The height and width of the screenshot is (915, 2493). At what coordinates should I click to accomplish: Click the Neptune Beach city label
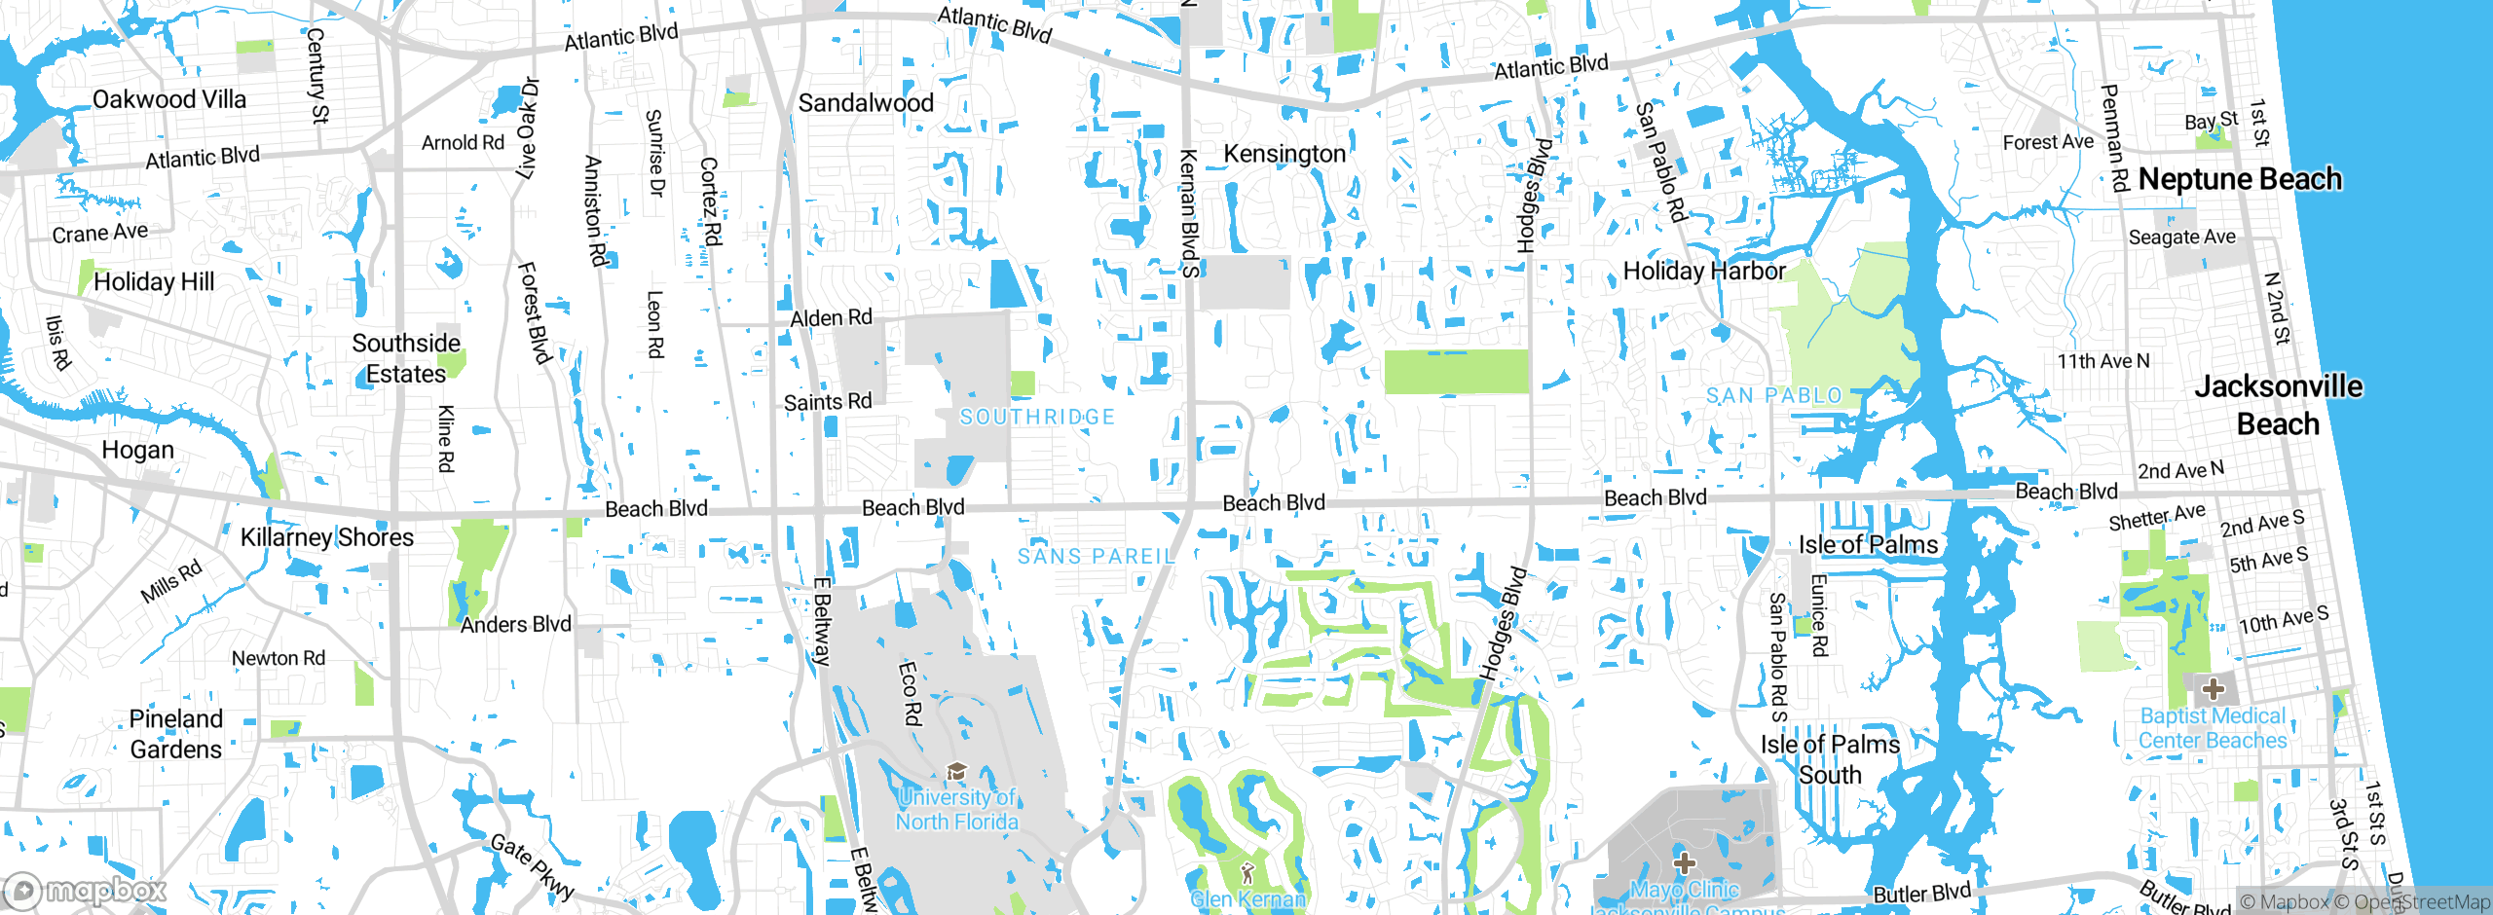(x=2239, y=179)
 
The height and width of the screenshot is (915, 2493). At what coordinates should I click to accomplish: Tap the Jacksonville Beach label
(x=2278, y=405)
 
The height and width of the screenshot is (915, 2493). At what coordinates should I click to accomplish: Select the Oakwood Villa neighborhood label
(x=168, y=99)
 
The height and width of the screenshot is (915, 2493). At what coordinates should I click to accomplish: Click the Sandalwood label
(x=865, y=103)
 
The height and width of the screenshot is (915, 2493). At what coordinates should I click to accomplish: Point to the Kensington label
(x=1284, y=154)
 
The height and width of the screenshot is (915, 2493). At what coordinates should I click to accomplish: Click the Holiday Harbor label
(x=1703, y=271)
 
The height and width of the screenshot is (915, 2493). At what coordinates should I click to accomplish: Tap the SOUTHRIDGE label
(x=1037, y=417)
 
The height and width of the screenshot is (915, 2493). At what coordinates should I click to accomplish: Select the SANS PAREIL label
(x=1096, y=556)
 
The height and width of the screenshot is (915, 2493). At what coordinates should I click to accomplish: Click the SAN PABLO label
(x=1773, y=395)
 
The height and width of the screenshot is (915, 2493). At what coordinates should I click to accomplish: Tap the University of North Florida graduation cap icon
(x=956, y=772)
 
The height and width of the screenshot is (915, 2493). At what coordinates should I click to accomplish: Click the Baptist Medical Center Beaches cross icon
(x=2213, y=689)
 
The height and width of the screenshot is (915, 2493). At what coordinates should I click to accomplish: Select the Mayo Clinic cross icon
(x=1684, y=862)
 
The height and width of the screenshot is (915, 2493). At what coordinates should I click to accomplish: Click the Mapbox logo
(x=86, y=890)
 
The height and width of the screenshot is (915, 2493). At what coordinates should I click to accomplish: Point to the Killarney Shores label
(x=326, y=537)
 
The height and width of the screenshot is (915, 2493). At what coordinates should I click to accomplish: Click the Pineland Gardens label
(x=176, y=734)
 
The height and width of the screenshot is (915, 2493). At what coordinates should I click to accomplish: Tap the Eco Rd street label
(x=910, y=693)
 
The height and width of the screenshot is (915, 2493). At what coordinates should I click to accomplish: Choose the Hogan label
(x=137, y=450)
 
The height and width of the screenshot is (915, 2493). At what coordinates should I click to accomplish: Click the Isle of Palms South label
(x=1829, y=759)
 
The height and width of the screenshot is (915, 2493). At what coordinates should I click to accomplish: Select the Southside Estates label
(x=405, y=358)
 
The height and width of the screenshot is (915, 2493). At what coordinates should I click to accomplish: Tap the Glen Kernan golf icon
(x=1247, y=872)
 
